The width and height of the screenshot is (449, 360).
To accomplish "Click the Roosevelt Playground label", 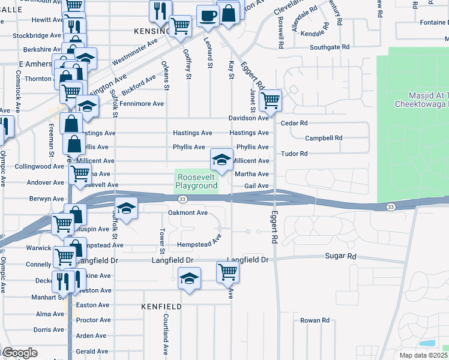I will (x=196, y=182).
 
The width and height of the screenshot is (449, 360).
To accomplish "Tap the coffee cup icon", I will (x=208, y=16).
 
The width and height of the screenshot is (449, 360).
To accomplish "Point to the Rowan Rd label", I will (x=315, y=320).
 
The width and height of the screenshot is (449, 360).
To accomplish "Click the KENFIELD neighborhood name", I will (x=161, y=306).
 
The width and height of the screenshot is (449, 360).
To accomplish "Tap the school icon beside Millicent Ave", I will (x=221, y=160).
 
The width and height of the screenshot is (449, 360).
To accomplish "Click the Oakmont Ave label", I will (x=188, y=212).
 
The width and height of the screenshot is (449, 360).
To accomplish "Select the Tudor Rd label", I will (x=294, y=154).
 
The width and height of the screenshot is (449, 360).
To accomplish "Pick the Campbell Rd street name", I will (x=324, y=138).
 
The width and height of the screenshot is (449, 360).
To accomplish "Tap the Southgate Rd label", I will (x=330, y=47).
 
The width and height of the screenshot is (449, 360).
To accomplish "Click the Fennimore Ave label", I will (x=142, y=104).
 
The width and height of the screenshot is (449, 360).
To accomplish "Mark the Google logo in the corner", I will (x=19, y=353).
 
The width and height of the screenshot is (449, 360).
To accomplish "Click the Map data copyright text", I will (x=424, y=355).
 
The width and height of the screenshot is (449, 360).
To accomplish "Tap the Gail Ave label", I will (x=256, y=186).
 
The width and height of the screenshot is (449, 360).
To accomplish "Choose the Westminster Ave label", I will (x=134, y=52).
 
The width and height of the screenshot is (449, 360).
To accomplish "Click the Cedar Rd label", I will (x=294, y=123).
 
